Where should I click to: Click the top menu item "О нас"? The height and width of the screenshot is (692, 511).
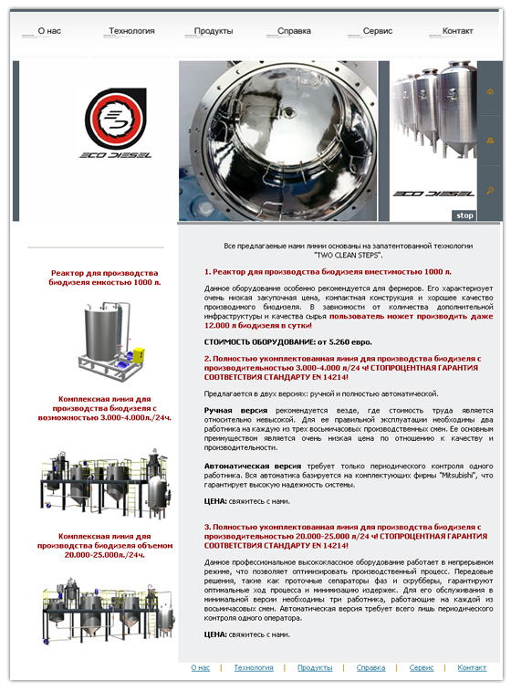click(49, 31)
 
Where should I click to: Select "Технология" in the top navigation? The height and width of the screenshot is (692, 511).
click(131, 31)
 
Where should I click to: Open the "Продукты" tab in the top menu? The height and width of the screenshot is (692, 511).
click(214, 31)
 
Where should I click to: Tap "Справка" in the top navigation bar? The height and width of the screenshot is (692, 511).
click(294, 31)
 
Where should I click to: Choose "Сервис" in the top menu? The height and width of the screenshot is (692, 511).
click(377, 31)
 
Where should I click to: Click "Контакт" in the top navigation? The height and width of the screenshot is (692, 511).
click(457, 31)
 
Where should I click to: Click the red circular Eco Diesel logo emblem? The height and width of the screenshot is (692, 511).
click(116, 120)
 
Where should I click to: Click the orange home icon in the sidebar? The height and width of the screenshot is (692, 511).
click(490, 91)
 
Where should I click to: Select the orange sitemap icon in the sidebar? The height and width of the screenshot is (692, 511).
click(490, 141)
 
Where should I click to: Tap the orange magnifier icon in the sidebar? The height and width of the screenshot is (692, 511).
click(490, 190)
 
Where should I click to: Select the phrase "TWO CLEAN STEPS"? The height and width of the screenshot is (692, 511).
click(348, 255)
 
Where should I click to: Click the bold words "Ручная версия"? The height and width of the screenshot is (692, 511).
click(235, 411)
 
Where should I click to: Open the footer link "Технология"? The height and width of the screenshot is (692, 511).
click(254, 667)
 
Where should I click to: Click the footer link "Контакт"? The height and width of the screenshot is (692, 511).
click(472, 667)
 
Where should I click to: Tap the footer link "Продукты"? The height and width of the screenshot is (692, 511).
click(315, 668)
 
